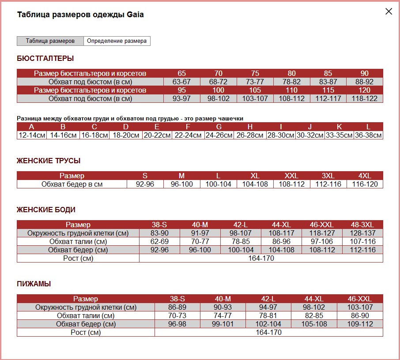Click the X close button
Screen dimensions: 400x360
389,11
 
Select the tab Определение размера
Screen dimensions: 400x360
117,41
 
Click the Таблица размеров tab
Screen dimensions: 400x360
50,41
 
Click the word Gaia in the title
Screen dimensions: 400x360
135,15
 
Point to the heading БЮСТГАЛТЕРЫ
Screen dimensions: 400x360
45,58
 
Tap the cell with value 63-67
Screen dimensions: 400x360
181,82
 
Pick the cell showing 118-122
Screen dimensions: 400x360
365,99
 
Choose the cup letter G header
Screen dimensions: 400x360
219,127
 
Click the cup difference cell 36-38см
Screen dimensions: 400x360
368,135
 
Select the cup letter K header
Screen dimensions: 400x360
339,127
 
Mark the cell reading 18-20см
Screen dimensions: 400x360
126,135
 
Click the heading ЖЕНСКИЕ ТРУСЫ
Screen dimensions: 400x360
49,161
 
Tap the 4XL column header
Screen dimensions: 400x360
365,176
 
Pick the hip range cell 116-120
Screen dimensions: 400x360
365,184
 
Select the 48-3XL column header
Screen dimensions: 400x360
362,225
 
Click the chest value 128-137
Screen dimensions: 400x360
362,233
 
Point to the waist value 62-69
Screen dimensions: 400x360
159,241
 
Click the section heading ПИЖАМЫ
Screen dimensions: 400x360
34,284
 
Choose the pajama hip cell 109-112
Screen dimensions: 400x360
360,324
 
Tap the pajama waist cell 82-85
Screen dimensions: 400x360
314,315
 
